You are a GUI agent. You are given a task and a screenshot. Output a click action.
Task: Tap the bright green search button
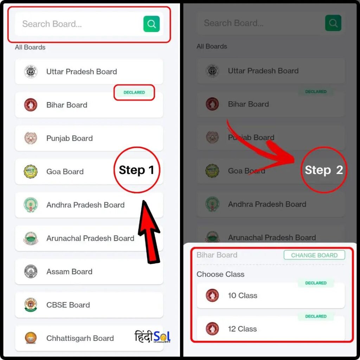[x=152, y=24]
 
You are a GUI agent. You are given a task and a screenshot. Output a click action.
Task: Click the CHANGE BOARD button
[x=314, y=255]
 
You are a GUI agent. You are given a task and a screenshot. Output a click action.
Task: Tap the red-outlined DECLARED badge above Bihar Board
[x=134, y=92]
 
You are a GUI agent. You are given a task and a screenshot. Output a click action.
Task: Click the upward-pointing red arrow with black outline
[x=149, y=232]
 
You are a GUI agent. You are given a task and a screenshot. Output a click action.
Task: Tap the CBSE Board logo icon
[x=31, y=305]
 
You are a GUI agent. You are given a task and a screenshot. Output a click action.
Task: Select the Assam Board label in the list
[x=69, y=272]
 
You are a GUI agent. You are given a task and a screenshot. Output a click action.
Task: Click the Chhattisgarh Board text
[x=80, y=338]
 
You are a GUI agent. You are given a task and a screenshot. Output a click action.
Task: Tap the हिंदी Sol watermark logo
[x=153, y=336]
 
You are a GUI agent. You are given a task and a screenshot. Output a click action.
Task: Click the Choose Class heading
[x=220, y=274]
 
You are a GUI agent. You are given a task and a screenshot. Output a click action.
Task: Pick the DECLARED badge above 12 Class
[x=316, y=316]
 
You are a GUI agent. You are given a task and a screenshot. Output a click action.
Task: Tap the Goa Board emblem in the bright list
[x=31, y=172]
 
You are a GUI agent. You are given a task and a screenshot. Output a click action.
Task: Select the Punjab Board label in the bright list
[x=70, y=138]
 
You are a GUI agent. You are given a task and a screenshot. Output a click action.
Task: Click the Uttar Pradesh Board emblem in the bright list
[x=31, y=72]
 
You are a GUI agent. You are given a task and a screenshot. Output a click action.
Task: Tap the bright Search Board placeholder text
[x=52, y=24]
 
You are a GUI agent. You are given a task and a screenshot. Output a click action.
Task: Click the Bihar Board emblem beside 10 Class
[x=212, y=295]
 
